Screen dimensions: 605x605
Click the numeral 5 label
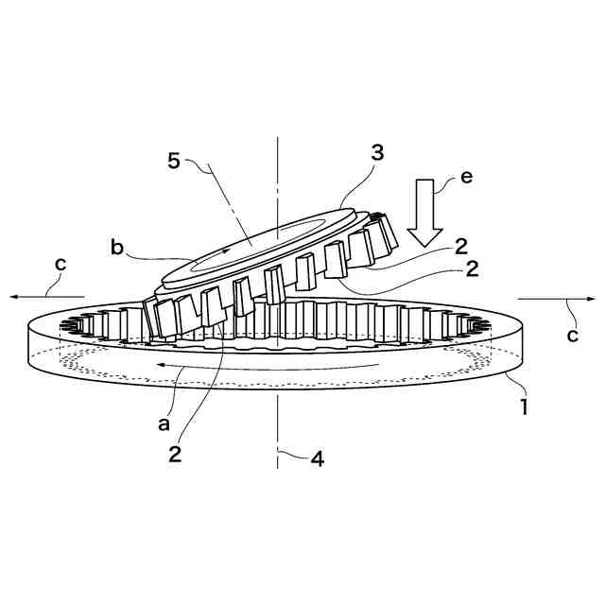pos(174,160)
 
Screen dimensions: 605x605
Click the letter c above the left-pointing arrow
pos(60,265)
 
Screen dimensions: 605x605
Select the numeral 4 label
pos(318,460)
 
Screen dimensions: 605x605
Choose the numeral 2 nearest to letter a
pos(175,454)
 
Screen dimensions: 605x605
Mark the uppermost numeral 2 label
pos(460,247)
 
